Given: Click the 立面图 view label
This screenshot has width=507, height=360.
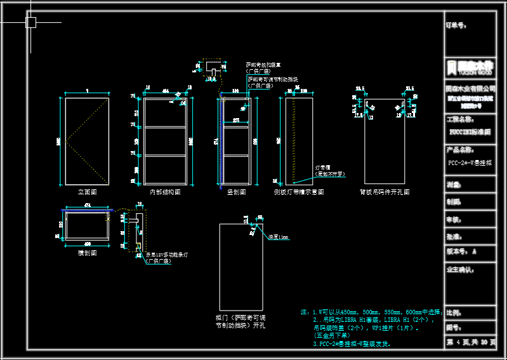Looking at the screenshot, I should [x=86, y=191].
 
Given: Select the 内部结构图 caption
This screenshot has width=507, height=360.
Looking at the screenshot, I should [x=165, y=191].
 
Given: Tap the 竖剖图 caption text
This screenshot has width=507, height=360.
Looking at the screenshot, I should [x=236, y=191].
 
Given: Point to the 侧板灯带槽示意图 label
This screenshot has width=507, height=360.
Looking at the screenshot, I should [x=299, y=191].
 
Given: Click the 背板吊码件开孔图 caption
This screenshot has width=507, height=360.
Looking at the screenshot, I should [x=385, y=191].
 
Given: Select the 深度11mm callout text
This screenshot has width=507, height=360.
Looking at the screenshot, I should [x=278, y=237].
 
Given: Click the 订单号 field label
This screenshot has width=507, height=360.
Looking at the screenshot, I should [x=457, y=27].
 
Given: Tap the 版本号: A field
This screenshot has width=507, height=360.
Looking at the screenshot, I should [x=461, y=251].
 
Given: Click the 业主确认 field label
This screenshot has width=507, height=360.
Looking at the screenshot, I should [x=461, y=269].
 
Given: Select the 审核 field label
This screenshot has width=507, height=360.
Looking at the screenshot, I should [x=453, y=219].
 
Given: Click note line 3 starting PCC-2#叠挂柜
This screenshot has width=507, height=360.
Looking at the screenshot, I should [x=352, y=343].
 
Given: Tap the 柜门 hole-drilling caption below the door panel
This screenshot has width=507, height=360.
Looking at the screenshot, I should [x=240, y=321].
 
